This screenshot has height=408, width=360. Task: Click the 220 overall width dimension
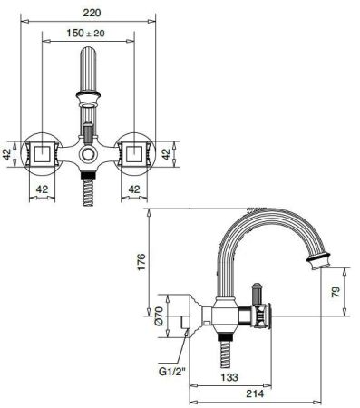coord(88,14)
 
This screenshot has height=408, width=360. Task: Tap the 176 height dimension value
coord(152,262)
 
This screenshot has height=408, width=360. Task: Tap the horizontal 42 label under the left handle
coord(41,189)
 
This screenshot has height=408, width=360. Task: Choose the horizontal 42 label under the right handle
coord(135,189)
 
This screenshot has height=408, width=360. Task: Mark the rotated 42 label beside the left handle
coord(8,153)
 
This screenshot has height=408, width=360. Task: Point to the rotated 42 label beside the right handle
coord(168,153)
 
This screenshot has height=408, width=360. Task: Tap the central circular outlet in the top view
coord(88,157)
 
